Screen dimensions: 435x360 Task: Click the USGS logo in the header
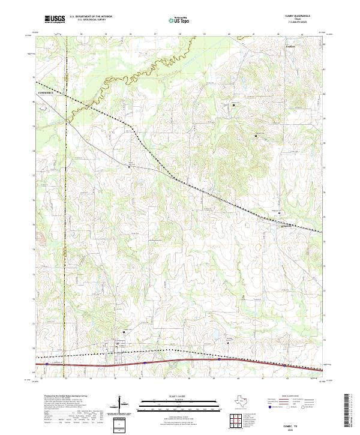[x=55, y=19]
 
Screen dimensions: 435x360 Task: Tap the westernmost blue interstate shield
[x=46, y=363]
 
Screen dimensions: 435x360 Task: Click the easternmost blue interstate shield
[x=284, y=364]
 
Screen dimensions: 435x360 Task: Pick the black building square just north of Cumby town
[x=124, y=332]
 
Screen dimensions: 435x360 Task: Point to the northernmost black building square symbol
[x=233, y=105]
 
